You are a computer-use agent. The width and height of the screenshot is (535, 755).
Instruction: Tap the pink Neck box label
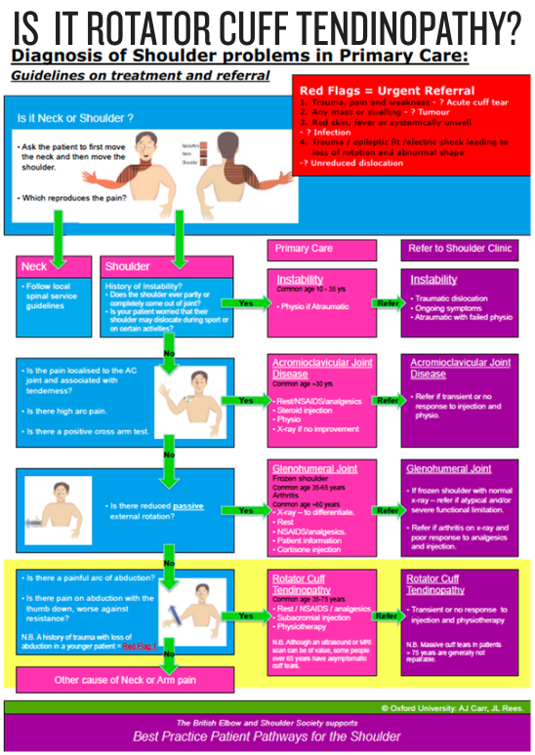(35, 265)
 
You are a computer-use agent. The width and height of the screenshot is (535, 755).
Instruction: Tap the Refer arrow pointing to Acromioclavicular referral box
(388, 401)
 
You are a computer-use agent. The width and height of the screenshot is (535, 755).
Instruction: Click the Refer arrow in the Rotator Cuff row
(388, 616)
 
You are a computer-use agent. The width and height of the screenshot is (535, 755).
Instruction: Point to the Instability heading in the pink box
(299, 280)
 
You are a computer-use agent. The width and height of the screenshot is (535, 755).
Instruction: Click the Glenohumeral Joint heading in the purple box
(448, 469)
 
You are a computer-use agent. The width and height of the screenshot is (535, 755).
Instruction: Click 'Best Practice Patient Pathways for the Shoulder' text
(267, 736)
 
